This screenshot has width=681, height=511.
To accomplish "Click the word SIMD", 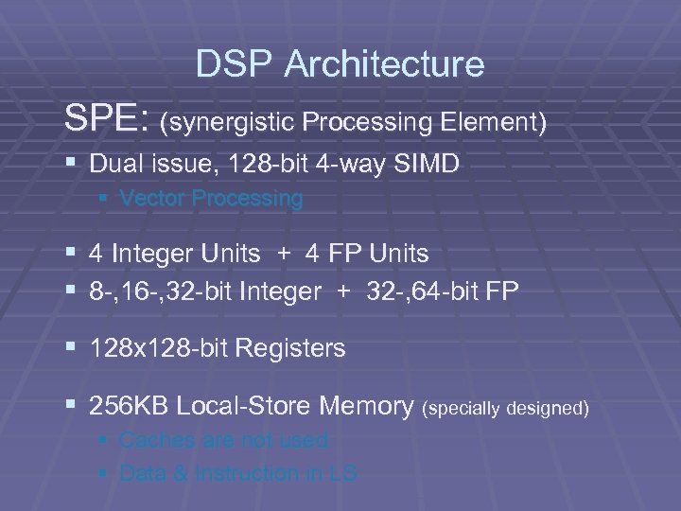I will click(425, 164).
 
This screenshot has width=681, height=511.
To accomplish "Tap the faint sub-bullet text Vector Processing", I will click(212, 199).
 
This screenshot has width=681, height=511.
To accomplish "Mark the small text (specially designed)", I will click(508, 409).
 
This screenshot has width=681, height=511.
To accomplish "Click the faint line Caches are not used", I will click(225, 440).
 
